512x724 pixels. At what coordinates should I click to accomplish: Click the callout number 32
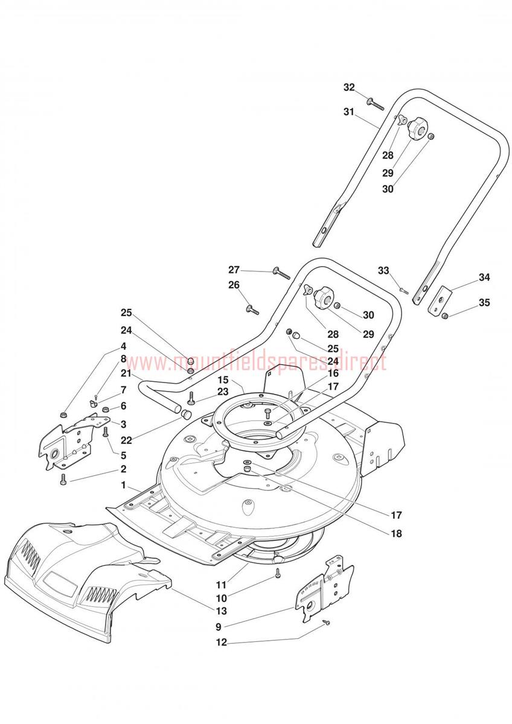350,87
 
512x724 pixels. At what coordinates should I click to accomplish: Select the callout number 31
350,112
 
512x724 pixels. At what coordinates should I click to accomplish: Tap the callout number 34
484,278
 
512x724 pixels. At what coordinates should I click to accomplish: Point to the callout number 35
484,302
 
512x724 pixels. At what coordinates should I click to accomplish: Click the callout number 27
234,269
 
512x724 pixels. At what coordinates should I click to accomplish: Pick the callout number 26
234,285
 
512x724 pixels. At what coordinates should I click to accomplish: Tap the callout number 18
396,534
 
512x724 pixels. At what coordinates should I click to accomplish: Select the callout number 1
124,485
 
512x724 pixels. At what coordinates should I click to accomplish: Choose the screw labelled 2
62,480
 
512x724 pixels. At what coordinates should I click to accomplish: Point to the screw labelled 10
278,573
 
